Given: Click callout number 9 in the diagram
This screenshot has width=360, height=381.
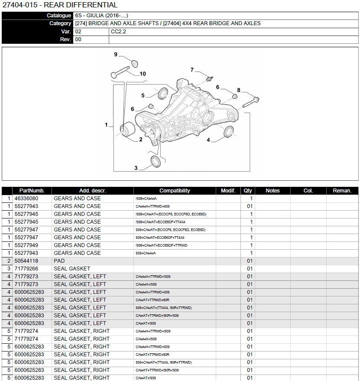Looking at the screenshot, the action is [x=116, y=55].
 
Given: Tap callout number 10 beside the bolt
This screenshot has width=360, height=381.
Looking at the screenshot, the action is [x=143, y=74].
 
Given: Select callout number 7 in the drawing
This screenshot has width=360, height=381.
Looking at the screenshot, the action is [x=192, y=70].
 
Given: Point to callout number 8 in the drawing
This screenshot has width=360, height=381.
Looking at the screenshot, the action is [x=239, y=90].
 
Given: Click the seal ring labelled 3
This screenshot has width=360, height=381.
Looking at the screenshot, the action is [x=156, y=162].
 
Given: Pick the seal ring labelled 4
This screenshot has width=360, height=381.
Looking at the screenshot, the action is [x=229, y=132].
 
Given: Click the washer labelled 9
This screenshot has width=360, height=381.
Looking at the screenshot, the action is [x=135, y=64].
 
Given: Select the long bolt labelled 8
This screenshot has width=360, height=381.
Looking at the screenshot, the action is [x=251, y=102].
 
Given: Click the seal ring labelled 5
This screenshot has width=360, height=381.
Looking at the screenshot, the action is [x=163, y=94].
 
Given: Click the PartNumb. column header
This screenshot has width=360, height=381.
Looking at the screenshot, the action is [x=32, y=191].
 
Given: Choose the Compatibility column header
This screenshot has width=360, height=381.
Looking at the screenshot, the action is [x=175, y=191].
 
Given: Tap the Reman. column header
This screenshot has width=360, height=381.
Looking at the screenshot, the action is [x=342, y=191].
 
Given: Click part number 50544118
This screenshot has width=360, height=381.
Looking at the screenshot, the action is [x=26, y=261].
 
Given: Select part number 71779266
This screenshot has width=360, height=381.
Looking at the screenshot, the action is [x=26, y=269].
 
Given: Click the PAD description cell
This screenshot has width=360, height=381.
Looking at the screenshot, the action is [x=59, y=261].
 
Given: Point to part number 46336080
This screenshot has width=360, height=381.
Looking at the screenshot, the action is [x=26, y=199].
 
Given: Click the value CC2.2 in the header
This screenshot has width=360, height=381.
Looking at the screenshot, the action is [x=118, y=32].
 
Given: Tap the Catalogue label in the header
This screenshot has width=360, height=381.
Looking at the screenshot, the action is [x=59, y=16].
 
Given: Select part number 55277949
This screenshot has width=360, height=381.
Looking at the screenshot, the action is [x=26, y=245].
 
